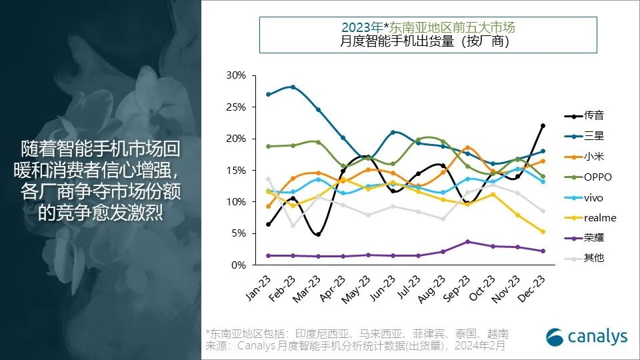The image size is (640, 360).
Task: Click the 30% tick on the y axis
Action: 236,75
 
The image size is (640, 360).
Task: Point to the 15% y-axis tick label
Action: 236,171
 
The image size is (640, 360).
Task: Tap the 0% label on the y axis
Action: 239,265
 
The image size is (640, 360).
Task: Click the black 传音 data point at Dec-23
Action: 543,125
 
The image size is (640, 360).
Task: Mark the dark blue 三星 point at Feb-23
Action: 293,87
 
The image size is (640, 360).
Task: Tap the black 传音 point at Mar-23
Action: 318,234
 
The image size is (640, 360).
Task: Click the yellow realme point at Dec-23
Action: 543,231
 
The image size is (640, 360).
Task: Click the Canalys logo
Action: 587,337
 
